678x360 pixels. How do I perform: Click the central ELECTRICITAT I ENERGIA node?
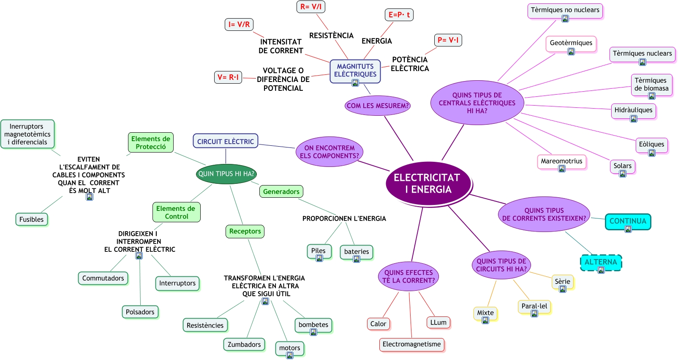click(x=427, y=184)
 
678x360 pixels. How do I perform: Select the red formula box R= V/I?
click(x=310, y=7)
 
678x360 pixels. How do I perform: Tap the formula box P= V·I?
click(x=448, y=40)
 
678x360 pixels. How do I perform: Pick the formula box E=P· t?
click(x=399, y=15)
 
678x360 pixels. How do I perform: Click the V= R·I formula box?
click(x=228, y=77)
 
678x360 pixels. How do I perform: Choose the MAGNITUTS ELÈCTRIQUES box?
click(x=355, y=71)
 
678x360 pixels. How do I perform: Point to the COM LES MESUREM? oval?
click(x=378, y=106)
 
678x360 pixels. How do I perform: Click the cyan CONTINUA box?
click(x=628, y=221)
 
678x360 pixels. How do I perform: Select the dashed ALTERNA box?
click(x=601, y=262)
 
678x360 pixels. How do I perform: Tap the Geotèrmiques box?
click(x=571, y=43)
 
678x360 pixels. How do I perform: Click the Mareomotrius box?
click(x=561, y=161)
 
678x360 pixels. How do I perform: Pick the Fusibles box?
click(x=32, y=219)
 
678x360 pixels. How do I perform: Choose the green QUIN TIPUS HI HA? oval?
click(x=226, y=174)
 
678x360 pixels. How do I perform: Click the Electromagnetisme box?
click(x=411, y=344)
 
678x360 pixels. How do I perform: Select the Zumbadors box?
click(x=244, y=344)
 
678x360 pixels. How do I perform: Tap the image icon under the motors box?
click(x=290, y=356)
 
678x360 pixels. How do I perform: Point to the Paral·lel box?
click(x=534, y=306)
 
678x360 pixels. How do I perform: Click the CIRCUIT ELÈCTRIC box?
click(x=226, y=142)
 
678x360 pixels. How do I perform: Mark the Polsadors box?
click(x=140, y=312)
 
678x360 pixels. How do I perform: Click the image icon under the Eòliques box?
click(x=652, y=153)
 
